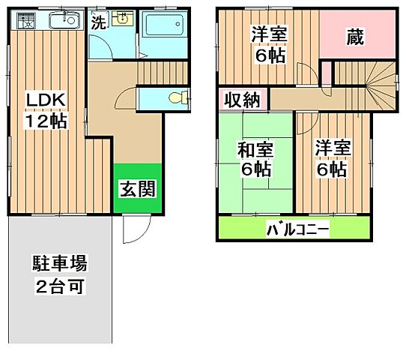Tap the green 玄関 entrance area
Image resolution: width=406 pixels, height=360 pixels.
[x=138, y=188]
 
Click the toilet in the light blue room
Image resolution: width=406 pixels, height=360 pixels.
[x=177, y=97]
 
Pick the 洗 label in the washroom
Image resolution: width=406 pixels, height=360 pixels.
[x=97, y=22]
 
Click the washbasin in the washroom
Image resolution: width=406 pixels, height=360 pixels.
[x=123, y=21]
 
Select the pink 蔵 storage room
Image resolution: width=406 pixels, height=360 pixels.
[x=354, y=37]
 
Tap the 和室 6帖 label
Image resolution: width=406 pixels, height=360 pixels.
[x=254, y=158]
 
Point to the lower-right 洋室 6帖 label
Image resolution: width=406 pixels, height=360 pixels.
[x=330, y=158]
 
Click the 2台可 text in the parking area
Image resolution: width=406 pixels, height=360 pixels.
[x=59, y=285]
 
